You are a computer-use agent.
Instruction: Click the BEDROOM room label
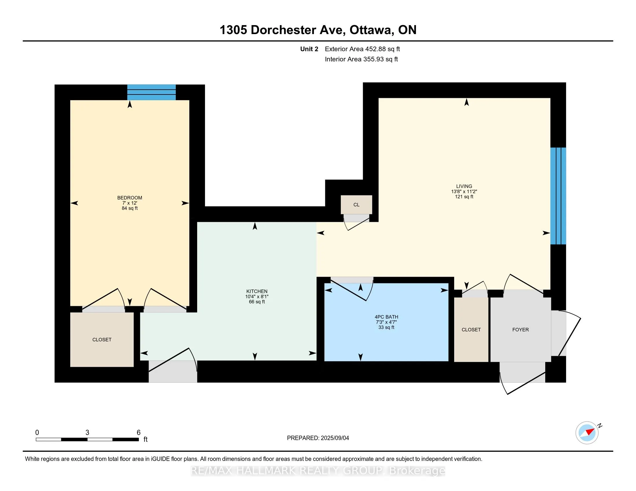[130, 198]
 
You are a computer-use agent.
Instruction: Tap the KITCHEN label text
[257, 291]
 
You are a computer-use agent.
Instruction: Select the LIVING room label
[464, 186]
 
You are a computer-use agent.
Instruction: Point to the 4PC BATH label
[387, 317]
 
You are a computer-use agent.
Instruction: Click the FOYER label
[520, 330]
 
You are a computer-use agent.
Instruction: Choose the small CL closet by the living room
[356, 205]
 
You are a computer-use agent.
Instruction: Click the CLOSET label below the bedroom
[102, 339]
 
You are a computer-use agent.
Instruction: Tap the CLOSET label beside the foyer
[471, 330]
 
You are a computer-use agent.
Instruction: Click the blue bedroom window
[151, 92]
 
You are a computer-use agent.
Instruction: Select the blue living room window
[558, 196]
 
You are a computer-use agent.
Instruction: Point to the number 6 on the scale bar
[138, 433]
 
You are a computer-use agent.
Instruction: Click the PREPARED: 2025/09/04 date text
[318, 438]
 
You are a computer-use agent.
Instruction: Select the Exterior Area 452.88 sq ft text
[363, 49]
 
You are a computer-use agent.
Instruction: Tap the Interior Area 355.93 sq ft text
[361, 59]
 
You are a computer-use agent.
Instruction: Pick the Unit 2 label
[309, 49]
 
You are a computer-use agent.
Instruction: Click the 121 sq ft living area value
[464, 197]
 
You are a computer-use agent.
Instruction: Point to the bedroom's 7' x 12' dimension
[130, 203]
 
